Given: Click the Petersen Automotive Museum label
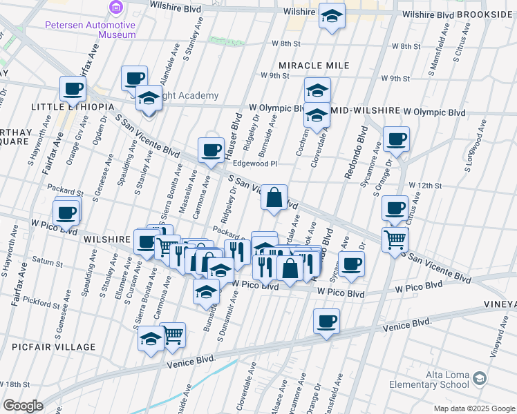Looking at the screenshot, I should click(x=90, y=29).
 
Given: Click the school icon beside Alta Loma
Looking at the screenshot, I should click(x=480, y=379).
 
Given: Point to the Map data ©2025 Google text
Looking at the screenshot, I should click(x=474, y=408).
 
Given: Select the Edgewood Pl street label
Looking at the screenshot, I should click(x=254, y=164).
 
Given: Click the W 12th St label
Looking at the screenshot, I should click(x=424, y=186).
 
